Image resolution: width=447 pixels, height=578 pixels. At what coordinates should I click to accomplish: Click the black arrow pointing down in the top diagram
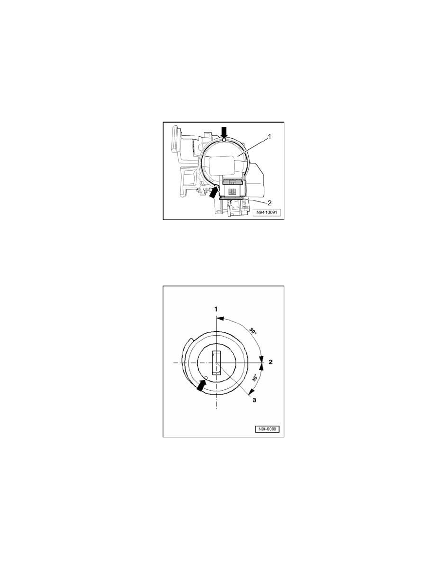(x=224, y=132)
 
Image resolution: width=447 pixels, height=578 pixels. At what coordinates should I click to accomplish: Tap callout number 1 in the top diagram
(x=269, y=136)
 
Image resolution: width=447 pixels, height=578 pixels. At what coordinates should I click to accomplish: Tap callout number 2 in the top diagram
(x=269, y=203)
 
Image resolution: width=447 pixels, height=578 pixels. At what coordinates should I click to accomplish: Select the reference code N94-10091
(x=266, y=213)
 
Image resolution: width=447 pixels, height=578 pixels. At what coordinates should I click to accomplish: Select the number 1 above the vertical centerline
(x=217, y=309)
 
